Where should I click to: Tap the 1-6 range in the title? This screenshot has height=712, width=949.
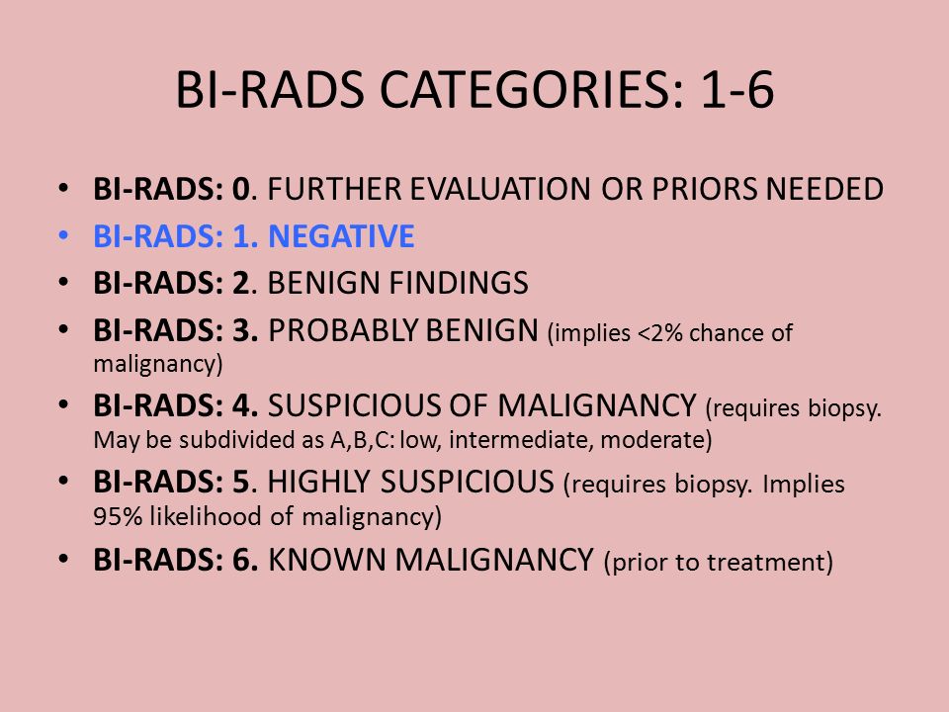(736, 90)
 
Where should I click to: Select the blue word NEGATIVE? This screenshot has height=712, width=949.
(341, 235)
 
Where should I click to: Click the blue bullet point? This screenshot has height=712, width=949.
(63, 235)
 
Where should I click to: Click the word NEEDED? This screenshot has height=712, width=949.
(824, 189)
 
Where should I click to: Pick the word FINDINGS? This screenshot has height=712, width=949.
(458, 283)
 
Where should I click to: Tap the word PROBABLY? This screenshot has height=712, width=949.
(343, 330)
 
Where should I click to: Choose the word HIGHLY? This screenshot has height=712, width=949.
(318, 482)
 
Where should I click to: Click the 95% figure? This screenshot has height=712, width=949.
(118, 516)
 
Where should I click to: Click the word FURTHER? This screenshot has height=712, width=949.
(335, 189)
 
